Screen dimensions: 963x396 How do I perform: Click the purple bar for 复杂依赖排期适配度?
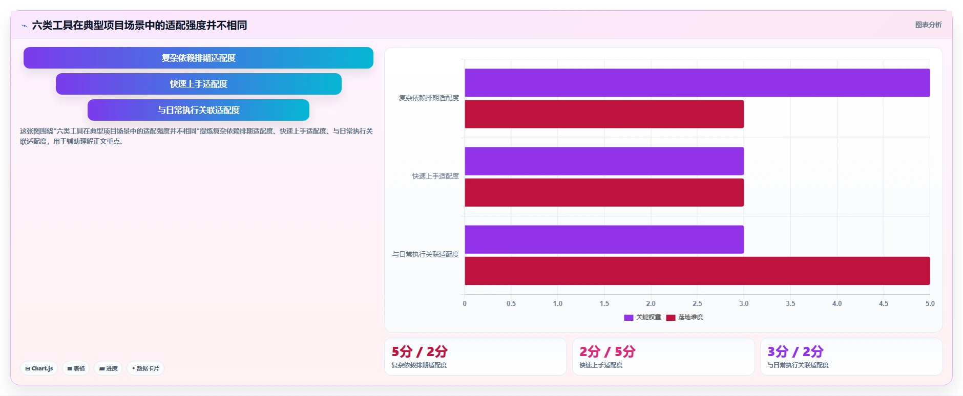[697, 83]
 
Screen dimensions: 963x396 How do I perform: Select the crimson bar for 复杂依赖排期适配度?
[604, 114]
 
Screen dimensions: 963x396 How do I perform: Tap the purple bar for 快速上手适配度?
[604, 161]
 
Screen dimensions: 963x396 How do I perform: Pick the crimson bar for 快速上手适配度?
[604, 192]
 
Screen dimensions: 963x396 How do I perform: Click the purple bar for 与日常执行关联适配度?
[604, 239]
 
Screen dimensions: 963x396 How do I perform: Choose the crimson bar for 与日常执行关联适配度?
[697, 271]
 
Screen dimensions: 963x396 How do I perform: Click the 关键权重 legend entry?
[642, 317]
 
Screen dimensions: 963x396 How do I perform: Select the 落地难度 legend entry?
[684, 317]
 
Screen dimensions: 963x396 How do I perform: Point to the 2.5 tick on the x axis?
[697, 303]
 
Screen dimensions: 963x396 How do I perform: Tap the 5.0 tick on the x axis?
[930, 303]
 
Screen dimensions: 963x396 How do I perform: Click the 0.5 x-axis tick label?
[511, 303]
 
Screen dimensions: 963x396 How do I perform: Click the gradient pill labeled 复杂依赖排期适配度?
[198, 58]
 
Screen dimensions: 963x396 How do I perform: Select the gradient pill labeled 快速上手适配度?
[199, 84]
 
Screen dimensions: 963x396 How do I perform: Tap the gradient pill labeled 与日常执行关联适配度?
[198, 110]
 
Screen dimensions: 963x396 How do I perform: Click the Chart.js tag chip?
[39, 368]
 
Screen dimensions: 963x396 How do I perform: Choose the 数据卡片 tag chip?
[145, 368]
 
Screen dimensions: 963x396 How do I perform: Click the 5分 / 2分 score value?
[420, 351]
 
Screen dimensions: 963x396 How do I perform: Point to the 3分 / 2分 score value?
[795, 351]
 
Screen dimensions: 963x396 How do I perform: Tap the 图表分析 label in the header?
[928, 25]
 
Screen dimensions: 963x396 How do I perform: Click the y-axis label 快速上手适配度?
[435, 176]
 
